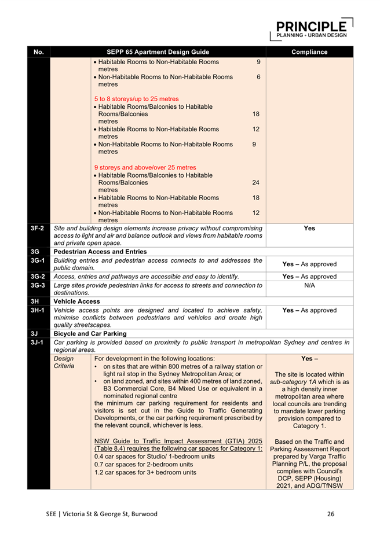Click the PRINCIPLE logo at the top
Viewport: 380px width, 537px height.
[x=312, y=29]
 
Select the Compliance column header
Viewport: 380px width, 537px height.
[x=309, y=52]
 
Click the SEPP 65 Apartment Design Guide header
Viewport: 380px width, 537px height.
[x=158, y=52]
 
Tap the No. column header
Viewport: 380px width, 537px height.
[x=39, y=52]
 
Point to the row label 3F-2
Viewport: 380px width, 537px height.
[x=38, y=229]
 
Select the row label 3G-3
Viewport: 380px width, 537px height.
[x=38, y=285]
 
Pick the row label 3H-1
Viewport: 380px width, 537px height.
[x=38, y=310]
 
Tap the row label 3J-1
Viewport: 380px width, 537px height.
[x=38, y=343]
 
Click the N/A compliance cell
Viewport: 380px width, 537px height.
[x=309, y=285]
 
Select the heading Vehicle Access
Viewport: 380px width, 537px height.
[x=77, y=301]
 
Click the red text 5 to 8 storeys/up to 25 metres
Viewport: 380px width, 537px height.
[x=136, y=98]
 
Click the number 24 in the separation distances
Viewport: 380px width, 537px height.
[x=255, y=182]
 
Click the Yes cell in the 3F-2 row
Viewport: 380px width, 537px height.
[x=309, y=229]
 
